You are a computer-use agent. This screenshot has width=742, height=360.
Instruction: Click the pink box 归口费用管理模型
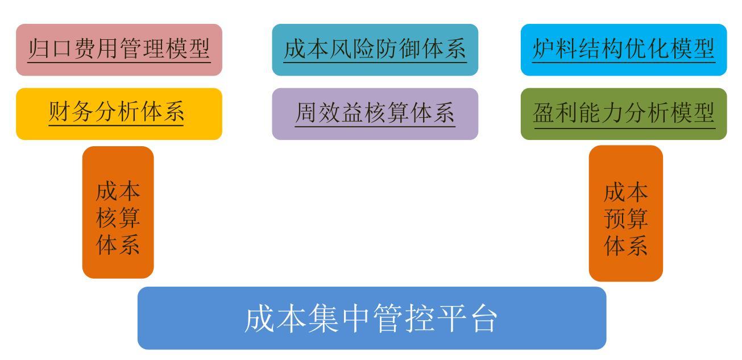pyautogui.click(x=119, y=49)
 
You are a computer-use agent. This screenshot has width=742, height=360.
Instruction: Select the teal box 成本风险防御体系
pyautogui.click(x=375, y=49)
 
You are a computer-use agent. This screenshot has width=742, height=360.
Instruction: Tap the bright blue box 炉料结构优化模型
pyautogui.click(x=624, y=49)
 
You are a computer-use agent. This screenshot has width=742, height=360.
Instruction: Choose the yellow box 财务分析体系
pyautogui.click(x=119, y=114)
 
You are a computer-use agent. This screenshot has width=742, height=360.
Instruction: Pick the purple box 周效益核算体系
pyautogui.click(x=375, y=114)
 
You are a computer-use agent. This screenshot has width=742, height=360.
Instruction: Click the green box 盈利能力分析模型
pyautogui.click(x=624, y=114)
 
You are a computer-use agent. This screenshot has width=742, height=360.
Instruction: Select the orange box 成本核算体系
pyautogui.click(x=118, y=212)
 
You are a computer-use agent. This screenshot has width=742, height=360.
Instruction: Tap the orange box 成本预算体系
pyautogui.click(x=626, y=213)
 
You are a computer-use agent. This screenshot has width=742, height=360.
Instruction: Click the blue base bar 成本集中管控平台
pyautogui.click(x=372, y=318)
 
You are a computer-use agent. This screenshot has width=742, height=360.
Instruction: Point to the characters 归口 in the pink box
pyautogui.click(x=51, y=49)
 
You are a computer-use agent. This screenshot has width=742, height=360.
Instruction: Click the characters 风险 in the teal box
pyautogui.click(x=352, y=49)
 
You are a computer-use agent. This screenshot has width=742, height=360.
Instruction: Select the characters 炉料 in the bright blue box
pyautogui.click(x=556, y=49)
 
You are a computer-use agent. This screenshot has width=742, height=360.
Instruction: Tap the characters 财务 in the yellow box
pyautogui.click(x=71, y=111)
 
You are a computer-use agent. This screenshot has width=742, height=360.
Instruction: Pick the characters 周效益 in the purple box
pyautogui.click(x=330, y=113)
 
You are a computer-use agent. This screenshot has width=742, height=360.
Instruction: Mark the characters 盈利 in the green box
pyautogui.click(x=556, y=113)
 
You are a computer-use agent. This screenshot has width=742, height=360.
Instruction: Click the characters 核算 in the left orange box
pyautogui.click(x=118, y=218)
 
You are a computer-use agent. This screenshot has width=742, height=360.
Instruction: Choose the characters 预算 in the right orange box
pyautogui.click(x=626, y=218)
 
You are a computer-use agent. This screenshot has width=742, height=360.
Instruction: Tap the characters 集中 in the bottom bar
pyautogui.click(x=339, y=318)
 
